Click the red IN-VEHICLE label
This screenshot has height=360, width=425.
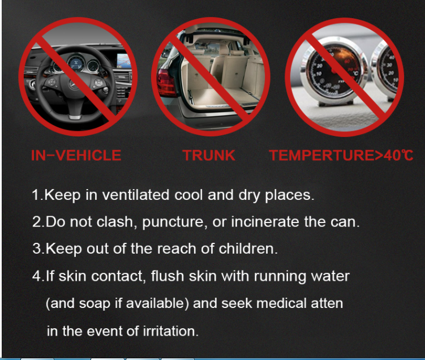click(x=76, y=155)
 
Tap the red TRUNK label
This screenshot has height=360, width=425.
click(x=209, y=155)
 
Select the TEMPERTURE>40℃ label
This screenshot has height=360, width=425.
click(x=341, y=155)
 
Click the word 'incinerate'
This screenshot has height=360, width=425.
click(x=265, y=222)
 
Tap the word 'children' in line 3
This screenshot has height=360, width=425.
click(x=248, y=248)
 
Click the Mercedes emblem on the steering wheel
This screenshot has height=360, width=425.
click(x=72, y=85)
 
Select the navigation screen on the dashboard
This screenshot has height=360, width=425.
click(x=123, y=61)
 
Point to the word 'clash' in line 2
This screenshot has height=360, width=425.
click(x=114, y=222)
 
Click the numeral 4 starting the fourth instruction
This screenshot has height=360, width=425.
click(x=36, y=276)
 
